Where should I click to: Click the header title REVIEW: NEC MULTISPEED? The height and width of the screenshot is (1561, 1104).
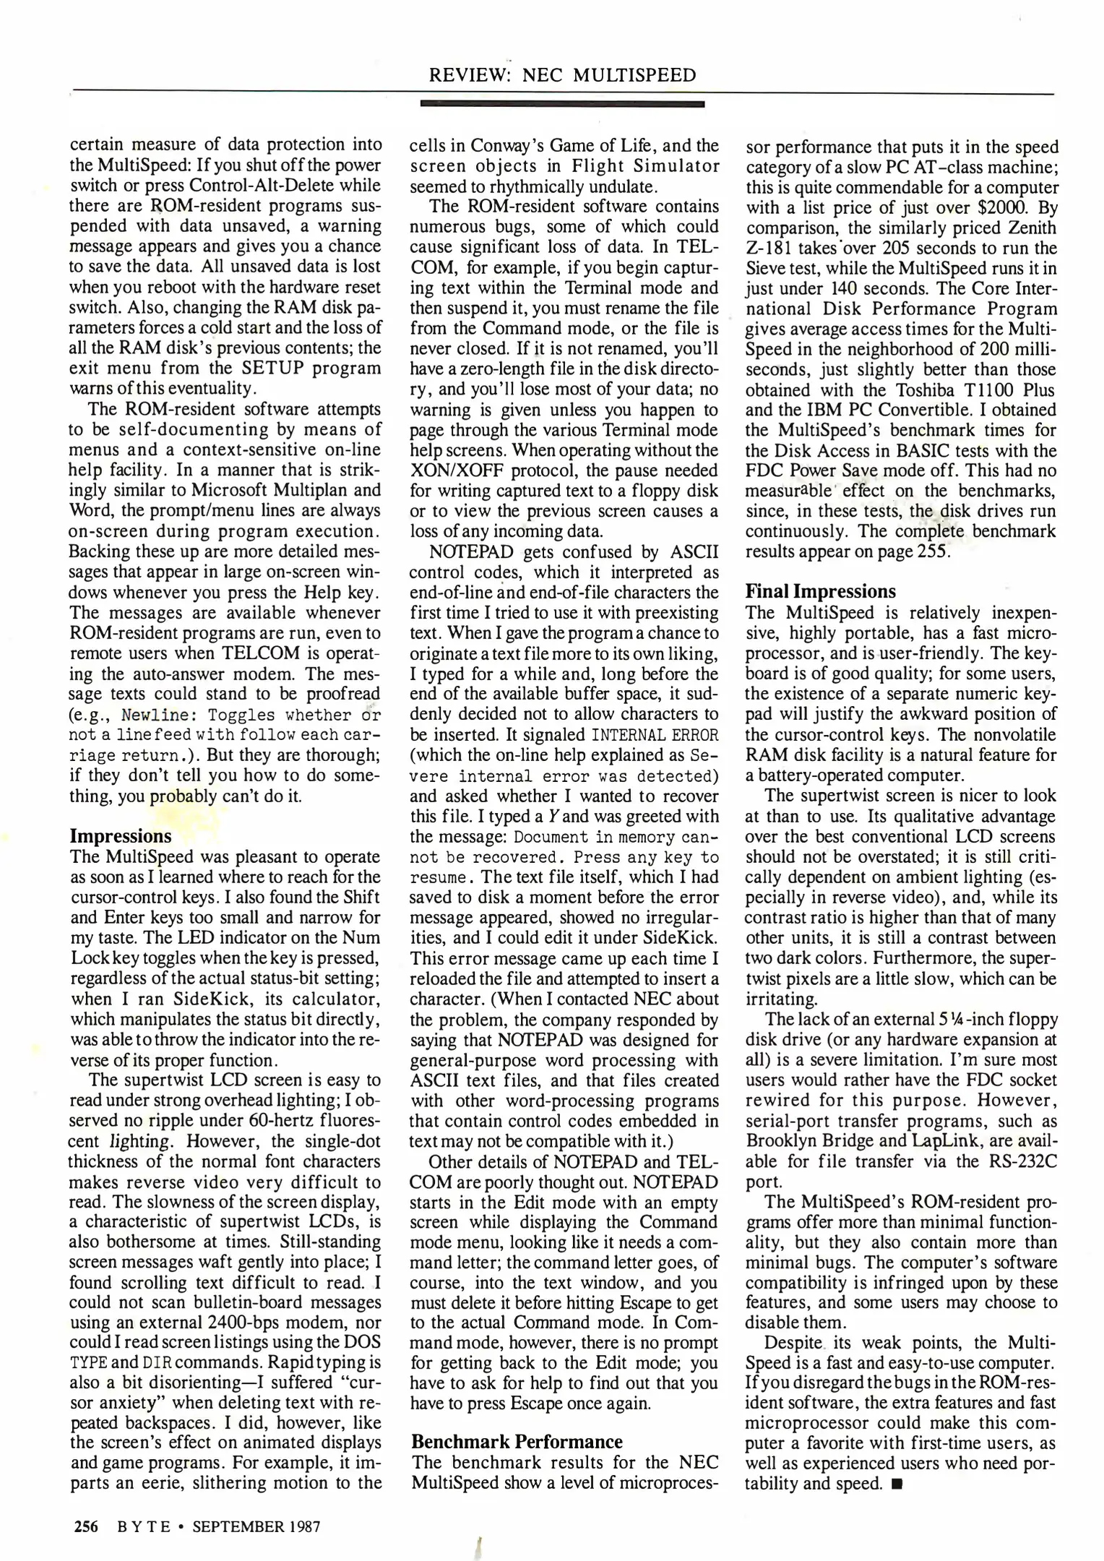click(563, 75)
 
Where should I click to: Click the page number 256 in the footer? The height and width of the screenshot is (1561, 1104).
click(86, 1526)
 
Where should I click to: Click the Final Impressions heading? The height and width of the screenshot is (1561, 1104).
click(820, 591)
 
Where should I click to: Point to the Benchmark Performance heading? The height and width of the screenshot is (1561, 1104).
click(517, 1442)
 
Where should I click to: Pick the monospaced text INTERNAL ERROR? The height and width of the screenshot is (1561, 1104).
click(655, 736)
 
